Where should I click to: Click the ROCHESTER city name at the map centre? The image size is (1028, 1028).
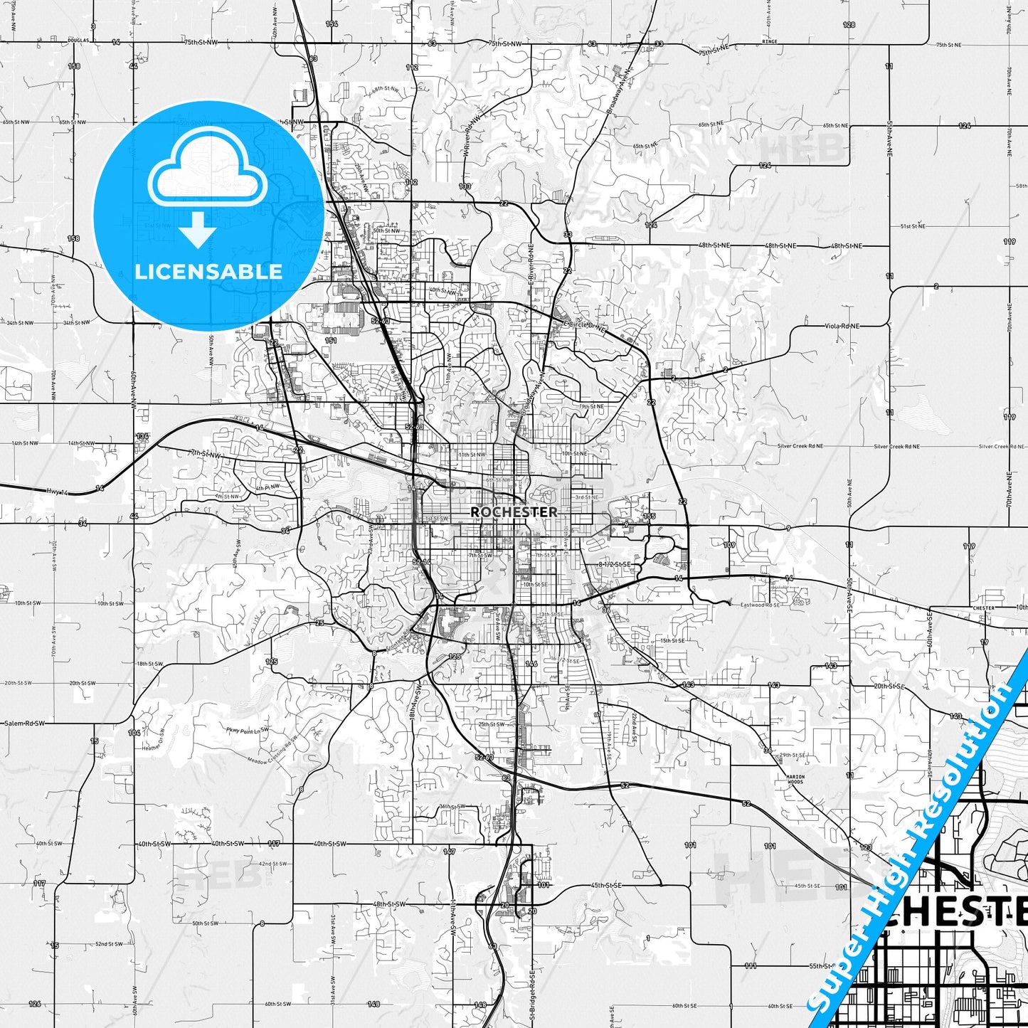point(514,512)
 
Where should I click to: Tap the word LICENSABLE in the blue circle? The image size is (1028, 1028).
point(208,271)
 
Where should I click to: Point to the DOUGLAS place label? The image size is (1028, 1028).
point(78,41)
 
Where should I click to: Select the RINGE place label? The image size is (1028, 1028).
point(770,42)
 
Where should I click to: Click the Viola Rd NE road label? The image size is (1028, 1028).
point(842,326)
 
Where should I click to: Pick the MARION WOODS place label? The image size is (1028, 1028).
point(795,779)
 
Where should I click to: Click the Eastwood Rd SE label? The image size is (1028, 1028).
point(760,605)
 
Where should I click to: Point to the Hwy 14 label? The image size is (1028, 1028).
point(57,492)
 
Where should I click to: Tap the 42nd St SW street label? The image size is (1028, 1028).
point(272,864)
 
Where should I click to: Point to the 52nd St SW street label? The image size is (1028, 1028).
point(109,944)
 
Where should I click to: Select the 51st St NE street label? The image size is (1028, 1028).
point(913,226)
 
